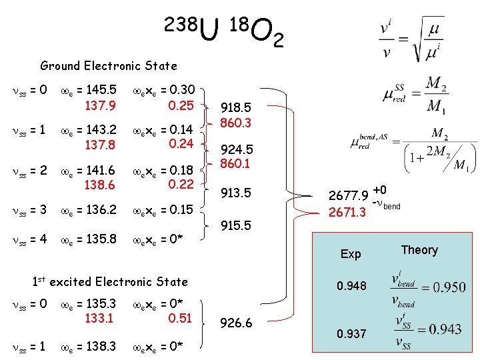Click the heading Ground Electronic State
[109, 65]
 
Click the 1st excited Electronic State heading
[110, 281]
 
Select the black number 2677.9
[348, 197]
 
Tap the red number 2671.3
[348, 213]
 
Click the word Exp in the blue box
[351, 254]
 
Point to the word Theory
[419, 250]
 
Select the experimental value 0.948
[351, 286]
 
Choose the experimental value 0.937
[351, 333]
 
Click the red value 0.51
[181, 318]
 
